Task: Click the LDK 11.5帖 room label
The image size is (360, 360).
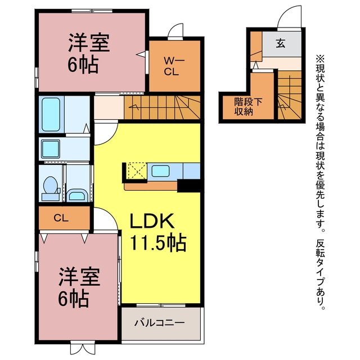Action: [x=158, y=232]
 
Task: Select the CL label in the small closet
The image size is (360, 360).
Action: [x=61, y=218]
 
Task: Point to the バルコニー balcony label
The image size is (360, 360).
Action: [x=159, y=323]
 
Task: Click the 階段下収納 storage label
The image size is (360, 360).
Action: [x=248, y=106]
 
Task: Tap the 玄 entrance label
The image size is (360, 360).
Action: [x=281, y=43]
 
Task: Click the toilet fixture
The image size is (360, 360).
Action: [x=51, y=188]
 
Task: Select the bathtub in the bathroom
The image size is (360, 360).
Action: [x=51, y=114]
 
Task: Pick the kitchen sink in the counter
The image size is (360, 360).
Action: [x=161, y=171]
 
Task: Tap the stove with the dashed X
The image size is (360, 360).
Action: [x=137, y=171]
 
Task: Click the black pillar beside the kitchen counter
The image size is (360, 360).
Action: [x=189, y=186]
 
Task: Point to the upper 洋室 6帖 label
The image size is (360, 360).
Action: [x=89, y=53]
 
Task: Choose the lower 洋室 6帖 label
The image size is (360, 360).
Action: [x=79, y=287]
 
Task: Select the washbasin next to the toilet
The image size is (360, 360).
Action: [x=77, y=195]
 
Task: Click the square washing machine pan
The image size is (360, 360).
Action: [x=51, y=148]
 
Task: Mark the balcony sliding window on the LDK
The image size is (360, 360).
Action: [x=161, y=305]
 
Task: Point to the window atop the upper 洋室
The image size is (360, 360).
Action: [x=92, y=11]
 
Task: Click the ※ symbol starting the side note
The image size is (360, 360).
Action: [x=320, y=58]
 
